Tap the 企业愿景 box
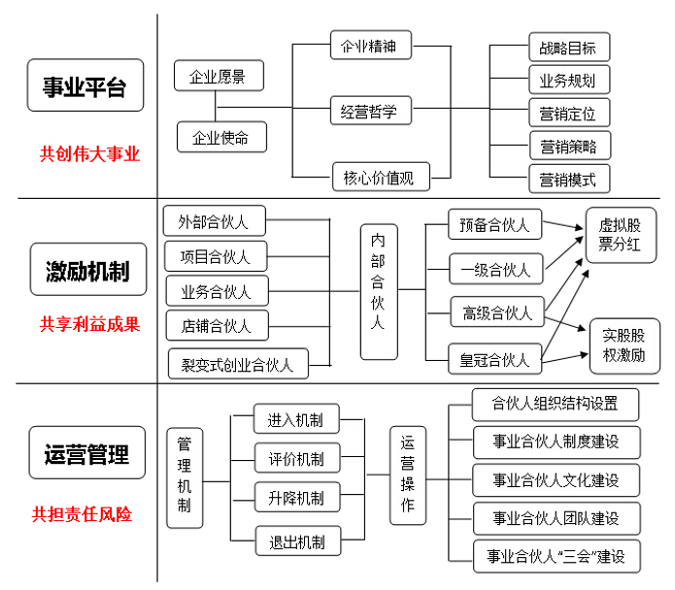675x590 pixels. (x=218, y=76)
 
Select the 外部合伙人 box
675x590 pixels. (x=214, y=221)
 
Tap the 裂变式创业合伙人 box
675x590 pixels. (x=238, y=365)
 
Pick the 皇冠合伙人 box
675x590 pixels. (x=495, y=360)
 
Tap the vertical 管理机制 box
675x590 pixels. (x=185, y=475)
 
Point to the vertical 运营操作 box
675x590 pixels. (x=408, y=475)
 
